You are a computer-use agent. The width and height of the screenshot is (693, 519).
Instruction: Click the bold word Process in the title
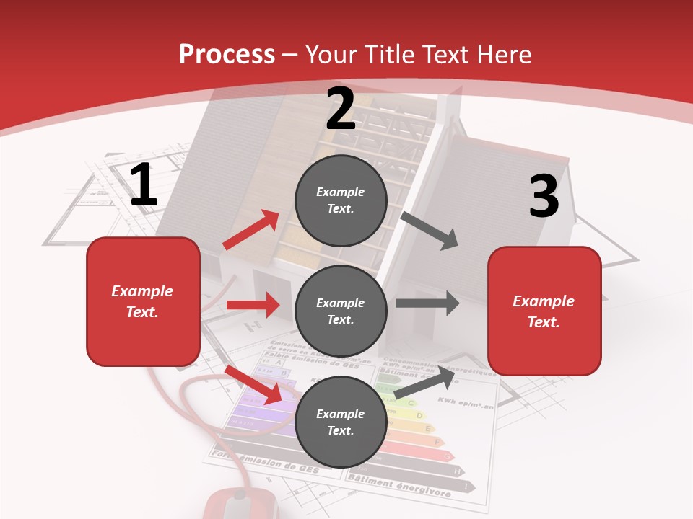(x=227, y=55)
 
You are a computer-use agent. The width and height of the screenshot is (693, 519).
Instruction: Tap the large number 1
(x=144, y=185)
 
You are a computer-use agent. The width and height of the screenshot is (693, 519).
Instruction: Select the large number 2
(x=341, y=109)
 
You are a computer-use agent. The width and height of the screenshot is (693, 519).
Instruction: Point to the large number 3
(x=544, y=197)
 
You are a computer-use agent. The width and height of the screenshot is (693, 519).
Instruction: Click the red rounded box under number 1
(x=143, y=301)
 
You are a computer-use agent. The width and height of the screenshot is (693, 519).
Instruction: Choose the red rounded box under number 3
(x=544, y=311)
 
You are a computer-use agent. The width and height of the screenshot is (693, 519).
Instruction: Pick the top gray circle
(x=341, y=200)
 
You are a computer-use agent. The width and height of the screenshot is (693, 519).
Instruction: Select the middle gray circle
(x=341, y=311)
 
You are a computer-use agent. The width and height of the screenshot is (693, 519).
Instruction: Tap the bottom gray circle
(x=341, y=422)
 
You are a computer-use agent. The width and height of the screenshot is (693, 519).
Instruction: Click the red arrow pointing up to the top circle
(x=252, y=230)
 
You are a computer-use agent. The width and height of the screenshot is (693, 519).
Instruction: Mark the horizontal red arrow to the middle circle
(x=253, y=305)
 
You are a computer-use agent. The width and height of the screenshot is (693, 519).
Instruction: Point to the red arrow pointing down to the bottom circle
(x=253, y=383)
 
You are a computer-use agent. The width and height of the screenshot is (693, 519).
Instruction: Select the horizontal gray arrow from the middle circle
(x=427, y=303)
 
